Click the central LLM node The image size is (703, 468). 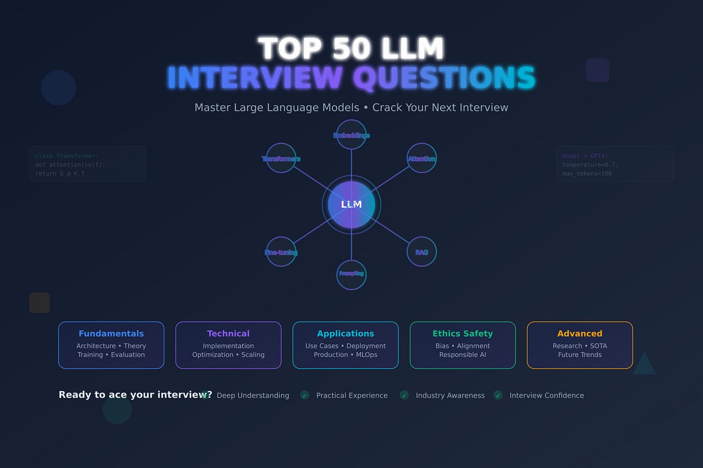(351, 205)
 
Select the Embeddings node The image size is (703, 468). (351, 135)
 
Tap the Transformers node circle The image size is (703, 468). (281, 158)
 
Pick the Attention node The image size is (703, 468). (421, 158)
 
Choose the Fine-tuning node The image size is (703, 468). (281, 252)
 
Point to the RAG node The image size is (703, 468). (421, 252)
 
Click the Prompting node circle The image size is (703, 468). (351, 274)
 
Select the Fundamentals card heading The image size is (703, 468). (111, 334)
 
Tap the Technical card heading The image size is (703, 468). (228, 334)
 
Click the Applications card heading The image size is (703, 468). (345, 334)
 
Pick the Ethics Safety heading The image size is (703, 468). (462, 334)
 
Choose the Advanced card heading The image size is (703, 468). (580, 334)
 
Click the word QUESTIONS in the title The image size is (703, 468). (444, 78)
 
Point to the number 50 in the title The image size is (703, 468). (351, 49)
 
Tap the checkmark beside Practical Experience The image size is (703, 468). (304, 395)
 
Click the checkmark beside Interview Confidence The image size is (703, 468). (497, 395)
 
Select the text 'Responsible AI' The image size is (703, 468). (462, 355)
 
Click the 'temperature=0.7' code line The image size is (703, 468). (590, 164)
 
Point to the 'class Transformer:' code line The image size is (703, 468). (67, 156)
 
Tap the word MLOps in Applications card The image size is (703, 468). (367, 355)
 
